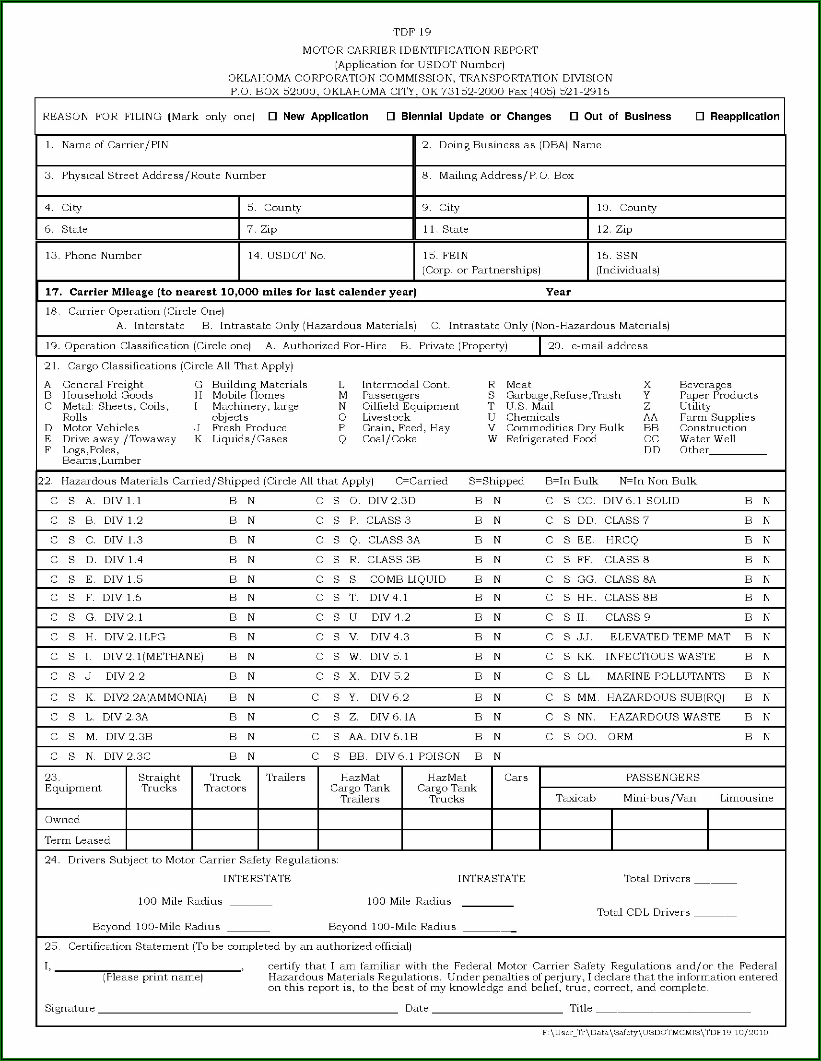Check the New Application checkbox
(x=273, y=117)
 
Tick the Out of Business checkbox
(x=574, y=117)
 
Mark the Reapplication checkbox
(x=700, y=117)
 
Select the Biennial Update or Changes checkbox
(x=390, y=117)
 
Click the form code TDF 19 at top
(x=412, y=32)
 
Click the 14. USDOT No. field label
(x=286, y=256)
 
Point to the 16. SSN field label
(x=617, y=256)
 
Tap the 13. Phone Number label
(x=93, y=256)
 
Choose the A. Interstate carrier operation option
(x=151, y=326)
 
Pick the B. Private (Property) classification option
(x=454, y=346)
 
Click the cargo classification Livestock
(x=386, y=417)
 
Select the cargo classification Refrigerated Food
(x=551, y=439)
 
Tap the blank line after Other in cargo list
(x=738, y=452)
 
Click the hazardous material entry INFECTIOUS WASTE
(x=660, y=657)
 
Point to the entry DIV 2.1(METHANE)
(x=153, y=657)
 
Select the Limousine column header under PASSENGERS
(x=746, y=798)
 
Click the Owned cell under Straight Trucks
(x=159, y=820)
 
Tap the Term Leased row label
(x=77, y=840)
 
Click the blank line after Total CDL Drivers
(x=715, y=913)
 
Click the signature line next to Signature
(x=248, y=1010)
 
